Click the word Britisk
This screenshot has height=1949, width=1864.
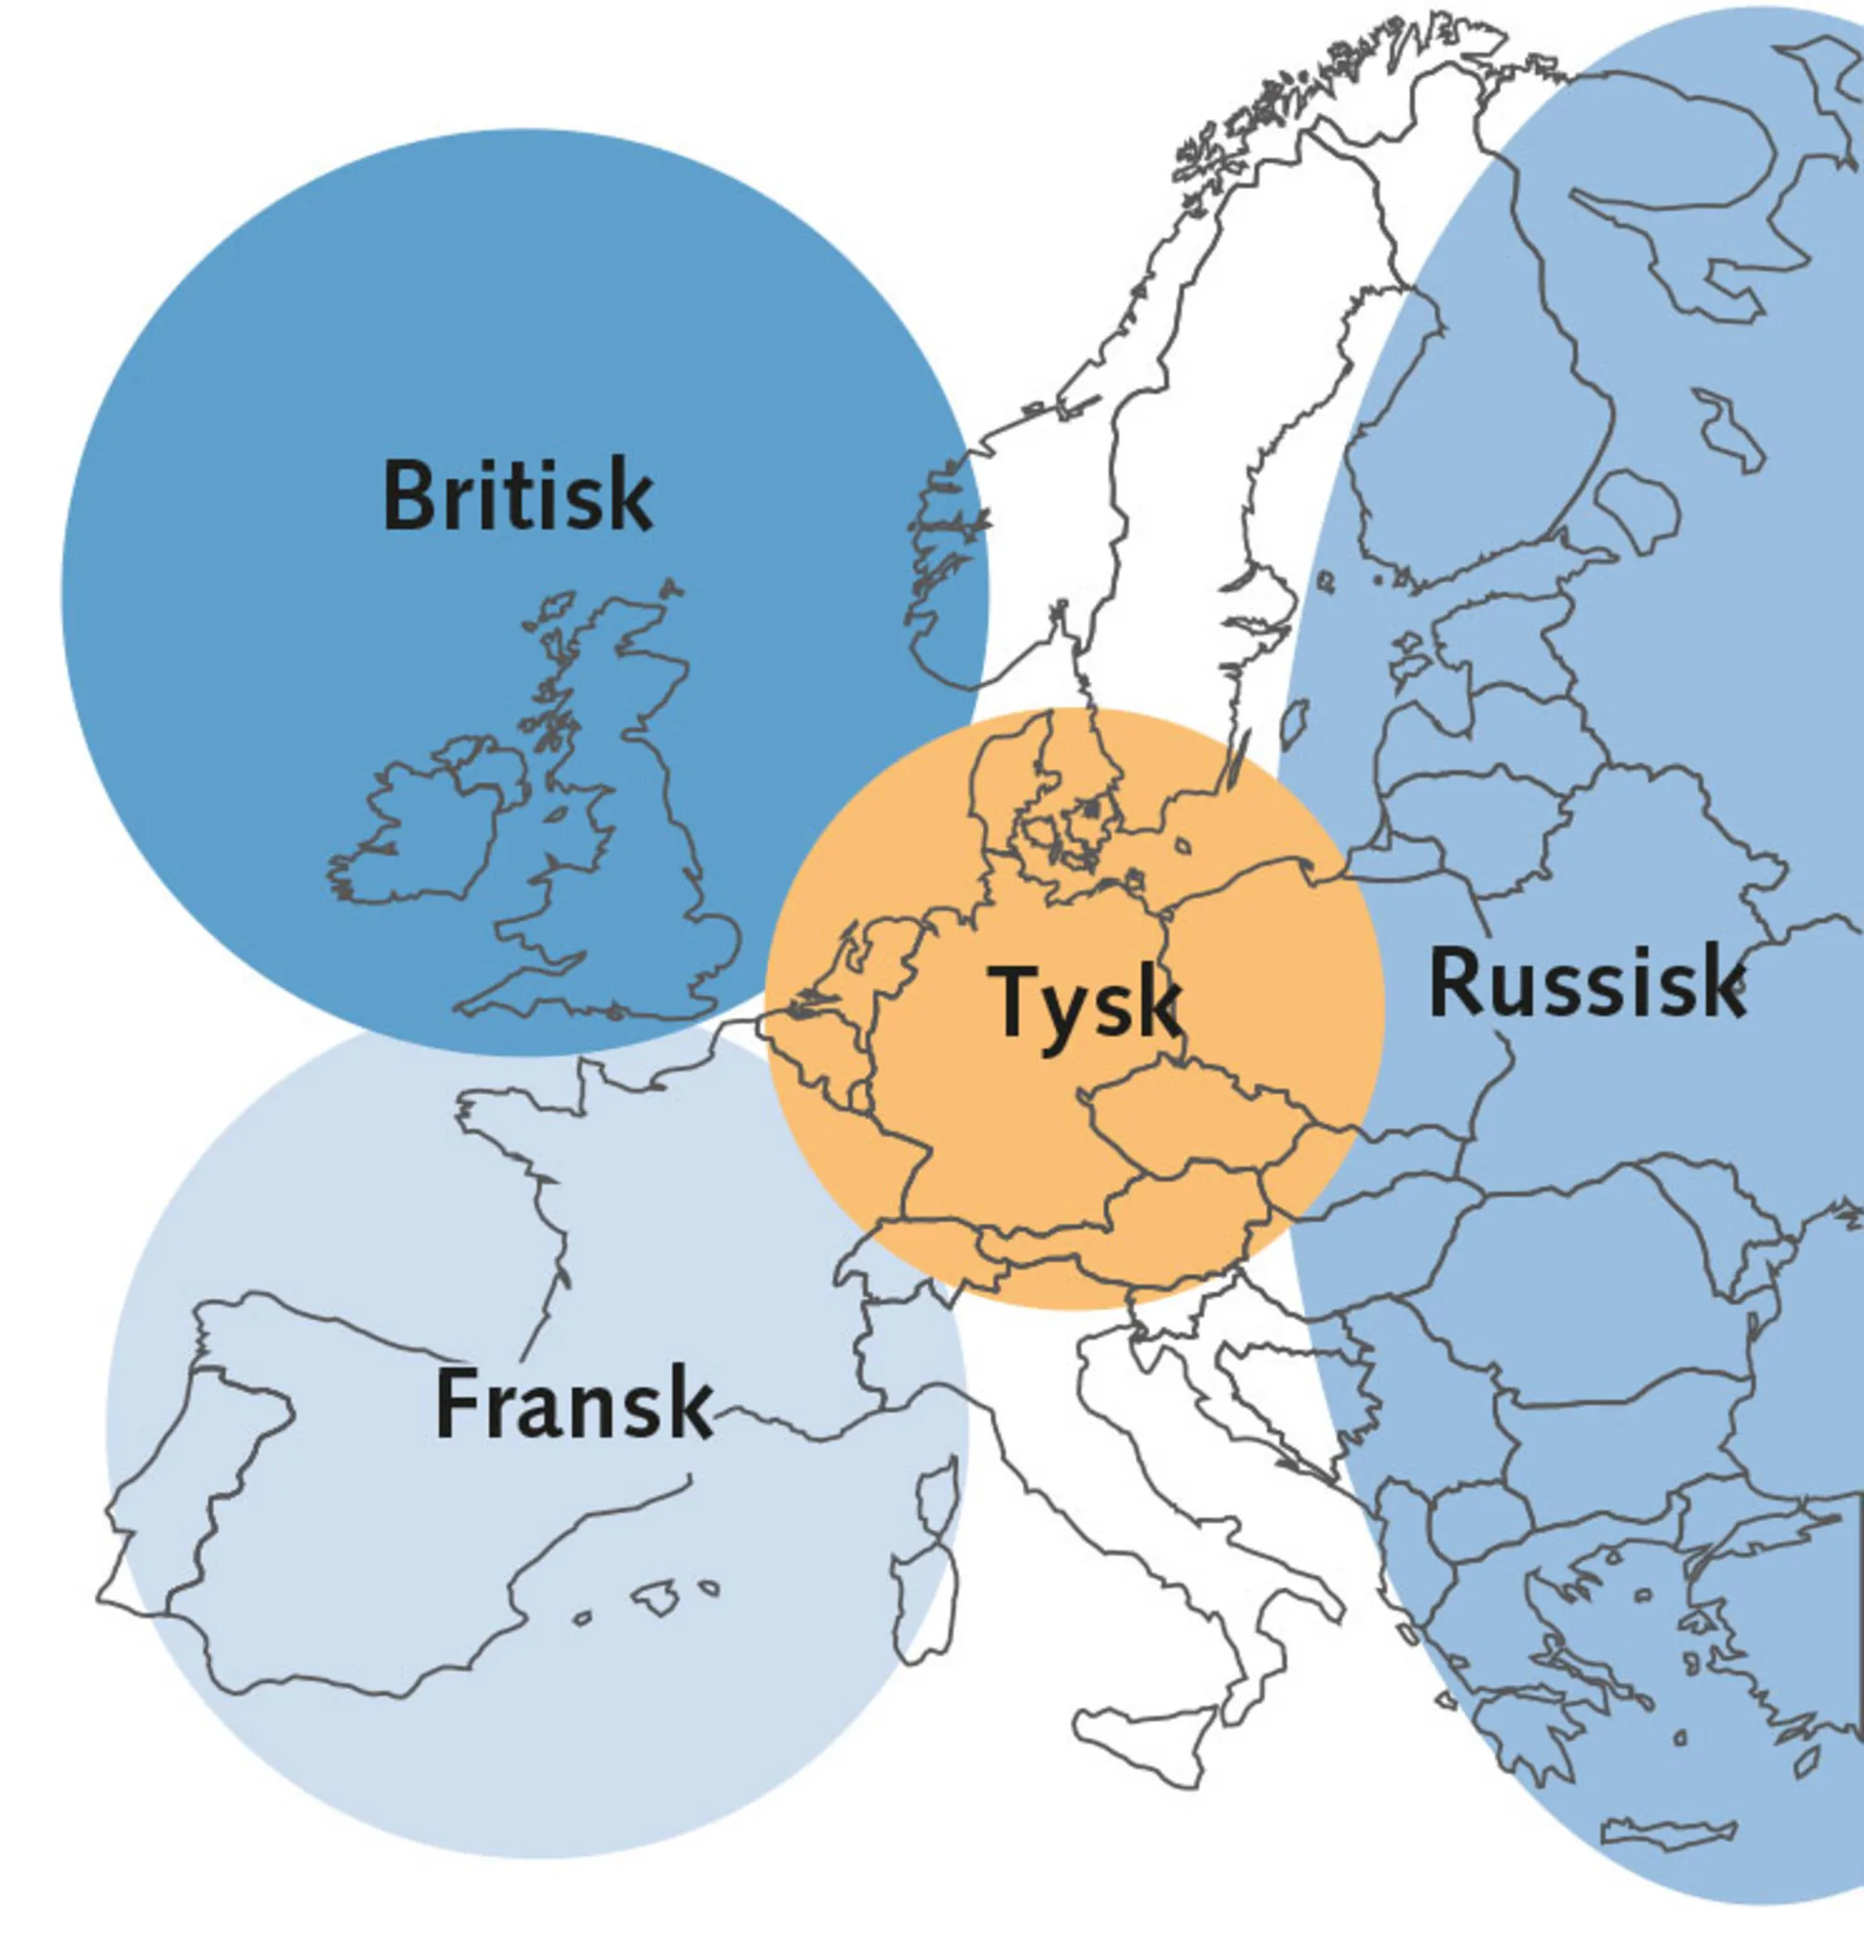point(517,495)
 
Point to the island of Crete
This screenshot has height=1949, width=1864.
point(1669,1832)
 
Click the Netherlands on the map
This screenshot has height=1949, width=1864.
point(874,954)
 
